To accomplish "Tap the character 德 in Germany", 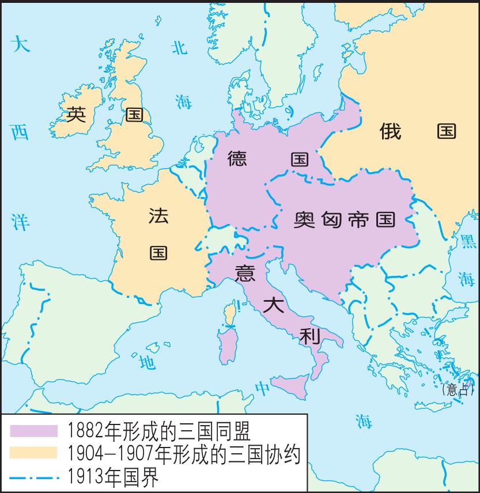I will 237,158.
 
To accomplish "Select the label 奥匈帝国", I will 345,219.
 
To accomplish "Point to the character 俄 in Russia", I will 390,131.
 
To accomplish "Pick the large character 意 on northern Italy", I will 245,272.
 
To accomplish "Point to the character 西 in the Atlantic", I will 20,133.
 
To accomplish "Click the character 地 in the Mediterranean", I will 147,362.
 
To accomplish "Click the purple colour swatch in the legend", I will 33,430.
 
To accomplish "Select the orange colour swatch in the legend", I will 33,453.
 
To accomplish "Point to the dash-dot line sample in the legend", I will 33,477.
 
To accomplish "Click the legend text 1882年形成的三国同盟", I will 158,430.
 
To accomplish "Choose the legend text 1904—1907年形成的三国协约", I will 184,454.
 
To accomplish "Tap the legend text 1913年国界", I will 113,477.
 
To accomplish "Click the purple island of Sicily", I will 291,386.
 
